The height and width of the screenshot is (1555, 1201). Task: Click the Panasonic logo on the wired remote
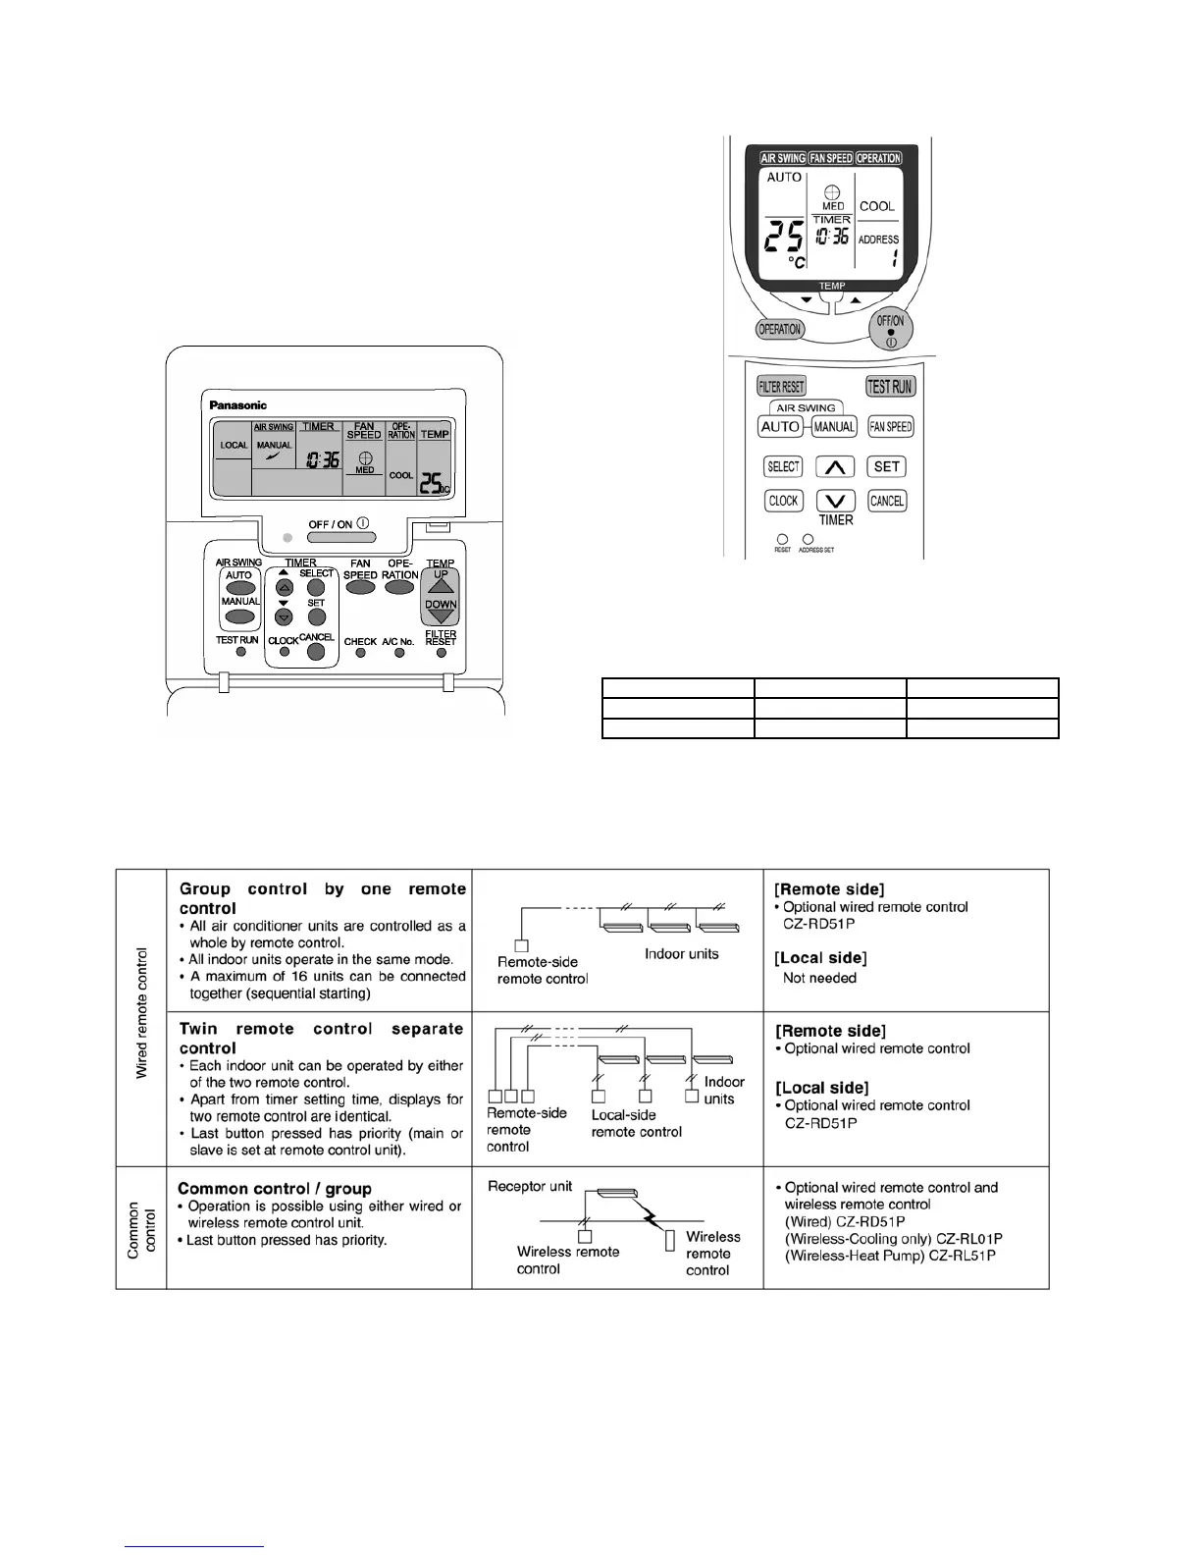[x=237, y=404]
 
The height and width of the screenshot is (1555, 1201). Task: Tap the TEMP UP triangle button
[x=441, y=583]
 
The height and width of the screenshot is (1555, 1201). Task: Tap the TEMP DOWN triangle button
[x=441, y=613]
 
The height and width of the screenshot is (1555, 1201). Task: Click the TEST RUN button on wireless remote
[x=890, y=387]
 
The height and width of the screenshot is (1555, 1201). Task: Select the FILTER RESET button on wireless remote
[x=781, y=387]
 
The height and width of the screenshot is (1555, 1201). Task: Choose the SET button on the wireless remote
[x=887, y=467]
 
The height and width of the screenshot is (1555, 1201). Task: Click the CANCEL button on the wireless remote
[x=887, y=501]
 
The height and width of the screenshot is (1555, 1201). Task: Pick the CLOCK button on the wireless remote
[x=783, y=501]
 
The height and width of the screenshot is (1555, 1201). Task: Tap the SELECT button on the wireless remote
[x=783, y=467]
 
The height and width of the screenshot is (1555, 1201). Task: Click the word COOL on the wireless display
[x=877, y=206]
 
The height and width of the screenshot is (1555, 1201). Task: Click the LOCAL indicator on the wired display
[x=234, y=446]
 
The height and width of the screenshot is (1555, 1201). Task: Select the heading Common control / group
[x=275, y=1189]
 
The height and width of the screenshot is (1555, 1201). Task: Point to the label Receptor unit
[x=530, y=1186]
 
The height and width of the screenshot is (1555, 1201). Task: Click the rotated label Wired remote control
[x=141, y=1013]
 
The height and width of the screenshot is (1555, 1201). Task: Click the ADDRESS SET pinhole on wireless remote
[x=808, y=539]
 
